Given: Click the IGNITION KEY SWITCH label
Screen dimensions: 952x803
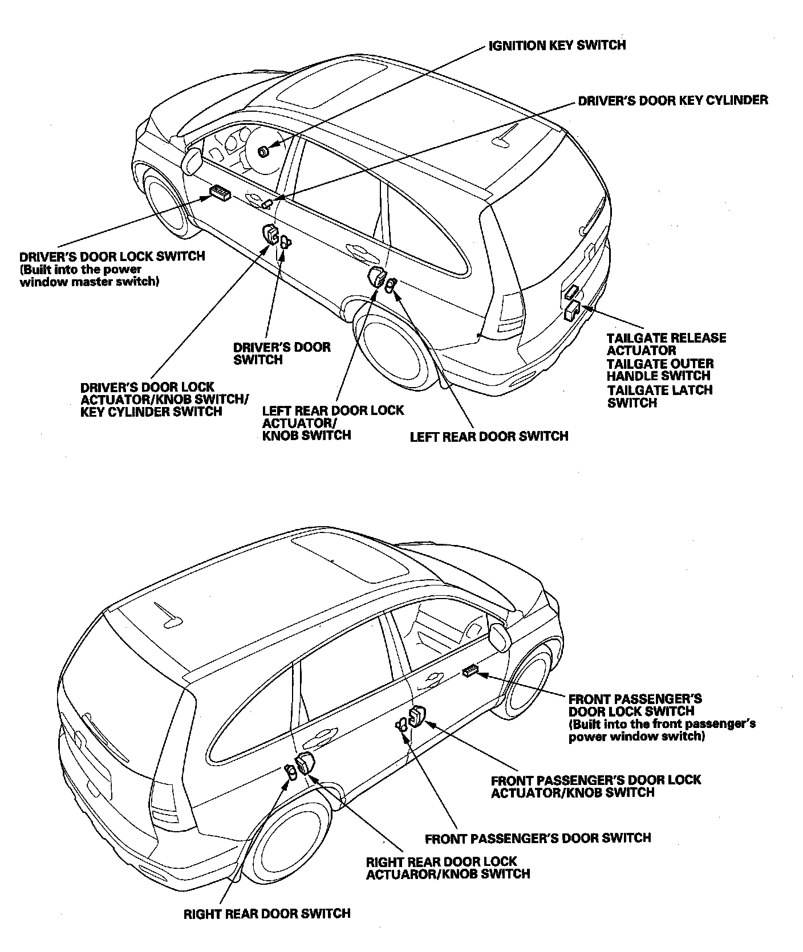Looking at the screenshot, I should point(557,45).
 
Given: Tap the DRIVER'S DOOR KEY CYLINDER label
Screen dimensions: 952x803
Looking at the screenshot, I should point(672,100).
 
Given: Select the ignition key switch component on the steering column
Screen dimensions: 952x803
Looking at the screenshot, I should point(263,151).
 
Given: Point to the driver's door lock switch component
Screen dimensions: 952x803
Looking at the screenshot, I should point(220,193).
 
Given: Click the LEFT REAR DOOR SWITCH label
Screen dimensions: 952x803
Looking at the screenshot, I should point(489,436).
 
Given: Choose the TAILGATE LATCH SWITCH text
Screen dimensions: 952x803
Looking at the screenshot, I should point(659,397).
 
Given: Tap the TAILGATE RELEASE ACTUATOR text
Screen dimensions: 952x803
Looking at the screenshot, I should point(666,344).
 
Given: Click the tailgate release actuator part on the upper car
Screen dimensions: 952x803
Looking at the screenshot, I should point(571,310).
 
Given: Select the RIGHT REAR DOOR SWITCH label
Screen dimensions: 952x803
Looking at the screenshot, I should point(266,914).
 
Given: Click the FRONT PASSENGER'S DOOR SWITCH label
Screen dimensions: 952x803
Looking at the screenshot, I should point(537,838).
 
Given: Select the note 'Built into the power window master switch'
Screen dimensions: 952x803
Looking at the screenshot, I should point(89,275).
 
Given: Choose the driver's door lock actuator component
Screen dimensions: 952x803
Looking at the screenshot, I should point(269,234).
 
